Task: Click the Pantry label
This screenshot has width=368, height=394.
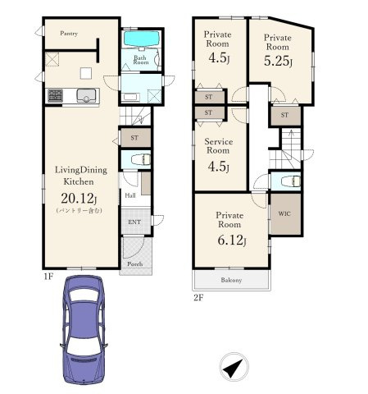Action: coord(69,34)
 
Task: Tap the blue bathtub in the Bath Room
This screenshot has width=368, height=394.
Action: coord(142,39)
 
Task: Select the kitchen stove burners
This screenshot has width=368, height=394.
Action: coord(55,95)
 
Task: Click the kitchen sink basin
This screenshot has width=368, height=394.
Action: coord(86,95)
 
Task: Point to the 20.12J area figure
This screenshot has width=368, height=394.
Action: coord(79,198)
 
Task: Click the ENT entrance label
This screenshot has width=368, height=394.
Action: coord(134,222)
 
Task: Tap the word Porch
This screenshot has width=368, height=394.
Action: coord(135,264)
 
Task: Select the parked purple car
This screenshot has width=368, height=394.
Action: coord(84,330)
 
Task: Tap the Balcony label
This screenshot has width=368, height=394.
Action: coord(231,280)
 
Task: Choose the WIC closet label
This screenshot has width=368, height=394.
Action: coord(284,213)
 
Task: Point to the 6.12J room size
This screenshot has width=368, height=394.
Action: coord(232,241)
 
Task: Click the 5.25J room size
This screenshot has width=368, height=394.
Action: coord(278,61)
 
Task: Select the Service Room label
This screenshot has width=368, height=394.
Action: coord(218,146)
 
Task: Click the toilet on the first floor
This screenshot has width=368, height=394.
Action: coord(141,159)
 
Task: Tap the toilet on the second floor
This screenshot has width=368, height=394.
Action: coord(291,181)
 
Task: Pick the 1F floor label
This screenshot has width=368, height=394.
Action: coord(48,277)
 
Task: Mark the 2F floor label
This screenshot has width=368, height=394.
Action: coord(198,297)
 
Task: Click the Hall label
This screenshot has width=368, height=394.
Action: coord(130,195)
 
